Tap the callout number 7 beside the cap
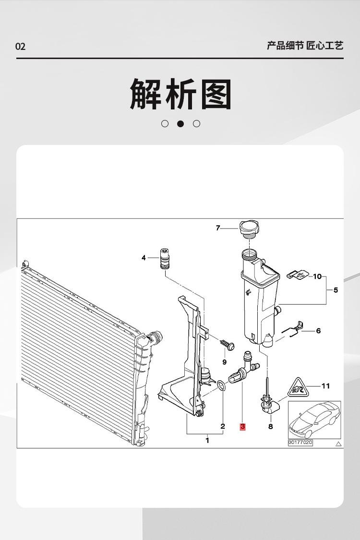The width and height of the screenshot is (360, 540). pyautogui.click(x=217, y=228)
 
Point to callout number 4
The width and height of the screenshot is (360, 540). pyautogui.click(x=144, y=258)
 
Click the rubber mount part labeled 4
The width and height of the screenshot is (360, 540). pyautogui.click(x=165, y=260)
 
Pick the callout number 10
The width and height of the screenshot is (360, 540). pyautogui.click(x=317, y=276)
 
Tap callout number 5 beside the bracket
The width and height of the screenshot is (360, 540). pyautogui.click(x=336, y=290)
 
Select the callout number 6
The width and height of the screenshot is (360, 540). pyautogui.click(x=318, y=331)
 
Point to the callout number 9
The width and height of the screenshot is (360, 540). pyautogui.click(x=224, y=361)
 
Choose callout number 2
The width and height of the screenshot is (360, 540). pyautogui.click(x=223, y=426)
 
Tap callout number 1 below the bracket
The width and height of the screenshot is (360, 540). pyautogui.click(x=207, y=440)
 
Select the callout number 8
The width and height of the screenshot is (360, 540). pyautogui.click(x=270, y=426)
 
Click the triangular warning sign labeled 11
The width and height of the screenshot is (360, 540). pyautogui.click(x=296, y=387)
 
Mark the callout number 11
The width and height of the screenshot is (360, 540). pyautogui.click(x=325, y=385)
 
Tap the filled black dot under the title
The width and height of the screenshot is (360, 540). pyautogui.click(x=180, y=124)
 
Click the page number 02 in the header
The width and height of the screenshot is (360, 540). pyautogui.click(x=20, y=47)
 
